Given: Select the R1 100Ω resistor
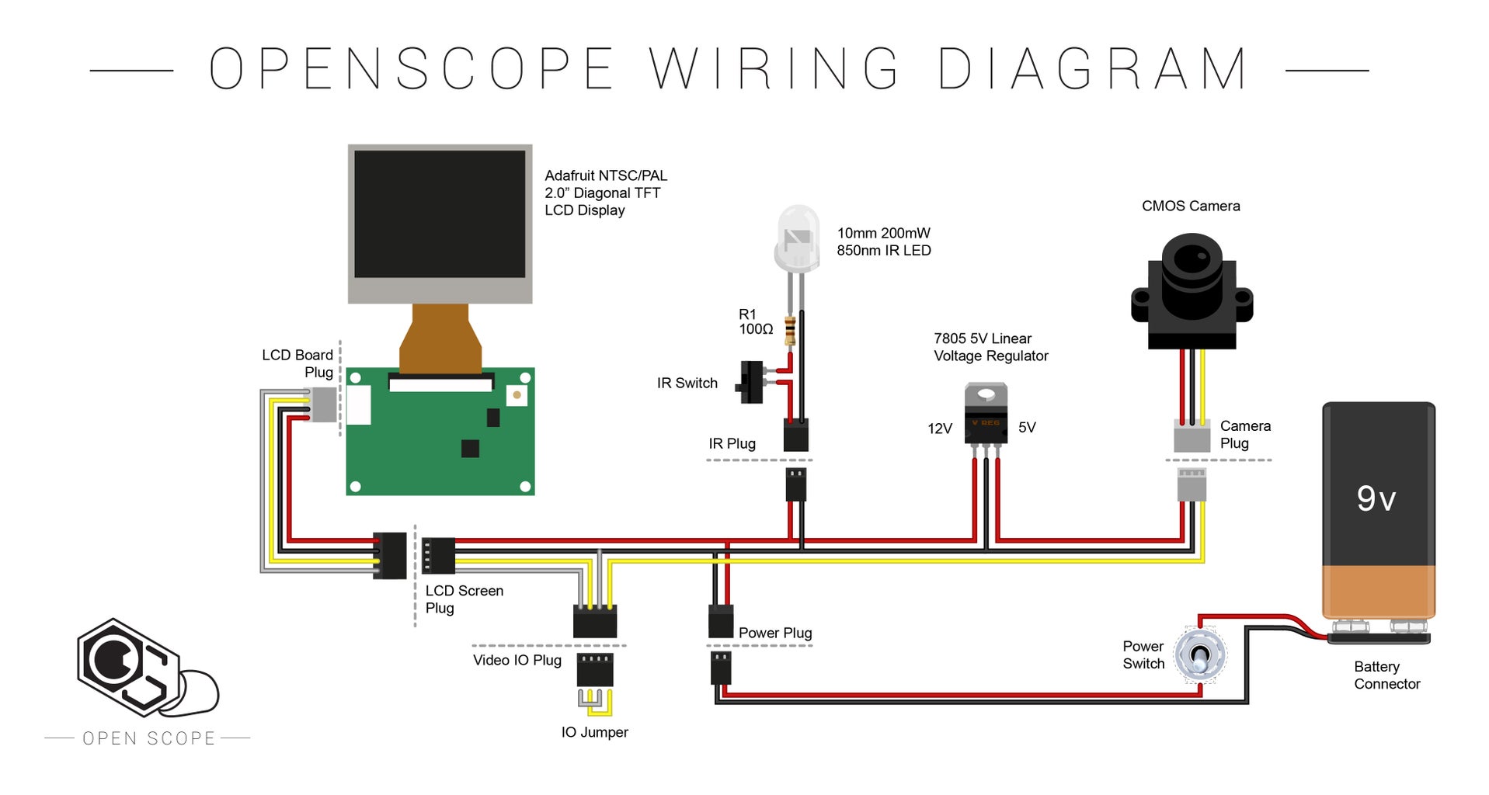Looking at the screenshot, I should coord(790,330).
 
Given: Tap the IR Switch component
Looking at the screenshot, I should coord(751,382).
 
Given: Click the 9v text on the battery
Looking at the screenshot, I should coord(1376,498).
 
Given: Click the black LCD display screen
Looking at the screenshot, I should coord(440,214).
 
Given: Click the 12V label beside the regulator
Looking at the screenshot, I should coord(939,429).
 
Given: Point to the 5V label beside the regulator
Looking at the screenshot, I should coord(1027,428).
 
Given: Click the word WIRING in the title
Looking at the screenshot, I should coord(774,69).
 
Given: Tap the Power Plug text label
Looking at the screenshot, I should coord(774,633).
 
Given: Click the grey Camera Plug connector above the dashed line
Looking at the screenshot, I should coord(1192,436).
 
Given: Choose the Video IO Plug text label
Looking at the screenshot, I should coord(517,660).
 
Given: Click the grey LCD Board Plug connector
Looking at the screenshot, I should coord(323,404).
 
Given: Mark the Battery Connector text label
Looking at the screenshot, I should coord(1386,675).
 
